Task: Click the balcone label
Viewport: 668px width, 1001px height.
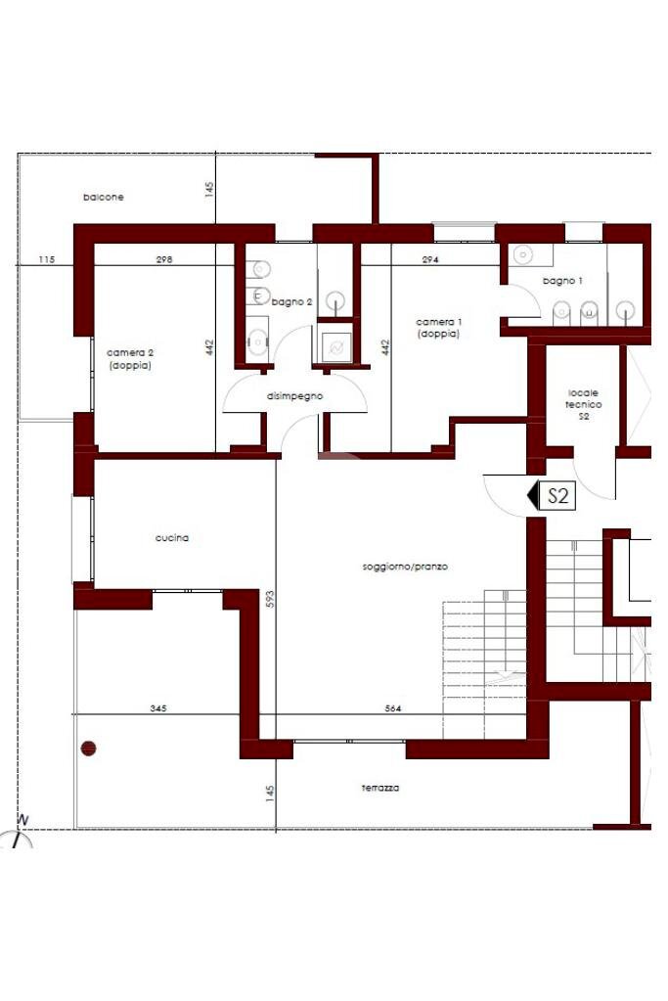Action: point(104,198)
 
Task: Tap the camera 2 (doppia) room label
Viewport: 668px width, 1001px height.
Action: point(130,359)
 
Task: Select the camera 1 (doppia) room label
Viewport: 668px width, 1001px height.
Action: point(439,328)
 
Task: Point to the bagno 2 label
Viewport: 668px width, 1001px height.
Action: point(291,302)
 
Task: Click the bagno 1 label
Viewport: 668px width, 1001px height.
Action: point(562,281)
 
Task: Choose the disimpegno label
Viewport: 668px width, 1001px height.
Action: point(294,396)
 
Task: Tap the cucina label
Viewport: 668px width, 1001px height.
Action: point(172,538)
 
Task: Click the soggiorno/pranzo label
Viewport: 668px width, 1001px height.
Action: point(405,567)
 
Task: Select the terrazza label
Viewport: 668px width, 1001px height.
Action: point(380,789)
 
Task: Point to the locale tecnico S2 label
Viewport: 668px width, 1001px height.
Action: point(583,405)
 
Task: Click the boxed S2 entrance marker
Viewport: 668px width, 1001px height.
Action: point(557,495)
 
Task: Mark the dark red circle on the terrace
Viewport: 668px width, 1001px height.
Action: point(88,749)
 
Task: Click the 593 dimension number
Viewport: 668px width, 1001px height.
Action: point(270,598)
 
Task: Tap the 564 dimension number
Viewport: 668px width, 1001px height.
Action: point(393,708)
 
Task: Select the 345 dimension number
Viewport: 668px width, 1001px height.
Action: point(158,708)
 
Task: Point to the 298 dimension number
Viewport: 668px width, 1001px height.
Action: point(164,260)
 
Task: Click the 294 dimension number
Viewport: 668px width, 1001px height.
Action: point(430,260)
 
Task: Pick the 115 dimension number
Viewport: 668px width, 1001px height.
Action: point(47,260)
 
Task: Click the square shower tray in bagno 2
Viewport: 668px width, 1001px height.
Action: point(335,347)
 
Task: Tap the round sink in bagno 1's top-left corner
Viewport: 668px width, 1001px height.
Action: point(522,255)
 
